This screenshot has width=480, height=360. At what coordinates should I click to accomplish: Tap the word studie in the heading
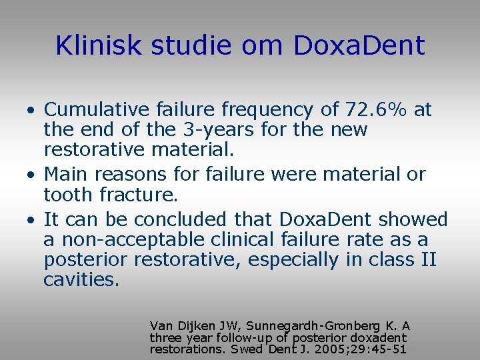[x=180, y=45]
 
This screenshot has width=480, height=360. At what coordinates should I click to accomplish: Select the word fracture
[x=149, y=194]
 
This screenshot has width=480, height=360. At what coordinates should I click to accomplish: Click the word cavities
[x=81, y=279]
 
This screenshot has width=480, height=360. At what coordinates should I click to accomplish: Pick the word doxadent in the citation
[x=378, y=337]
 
